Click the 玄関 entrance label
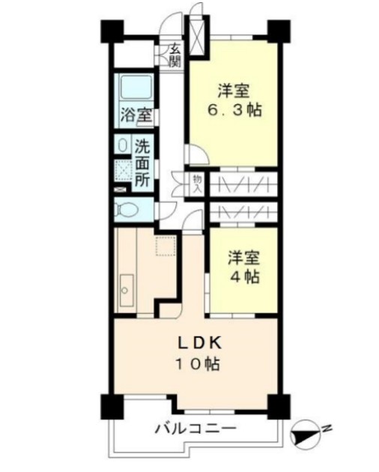(x=174, y=56)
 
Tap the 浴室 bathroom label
(x=136, y=116)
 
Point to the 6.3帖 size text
(x=234, y=112)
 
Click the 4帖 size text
(x=245, y=276)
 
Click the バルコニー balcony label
(x=195, y=429)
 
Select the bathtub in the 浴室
(x=136, y=89)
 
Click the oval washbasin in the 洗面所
(x=122, y=145)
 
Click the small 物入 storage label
(x=196, y=184)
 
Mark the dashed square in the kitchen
(x=165, y=246)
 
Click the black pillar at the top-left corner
(x=112, y=31)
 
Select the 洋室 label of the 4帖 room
(x=245, y=257)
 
